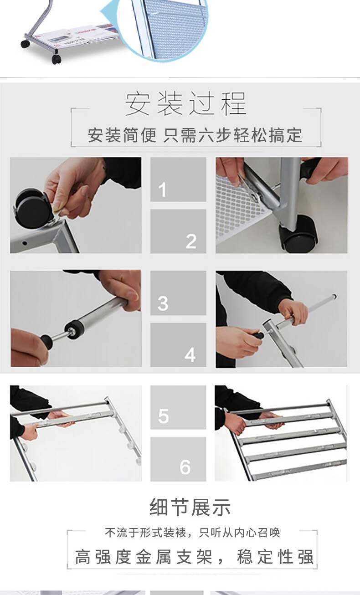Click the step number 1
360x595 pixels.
[162, 190]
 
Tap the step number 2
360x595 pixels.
[191, 241]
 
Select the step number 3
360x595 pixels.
[163, 303]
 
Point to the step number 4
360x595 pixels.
[190, 355]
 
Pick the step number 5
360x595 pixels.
[163, 416]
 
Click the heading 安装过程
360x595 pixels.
[186, 103]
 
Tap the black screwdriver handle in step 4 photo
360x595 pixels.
[258, 335]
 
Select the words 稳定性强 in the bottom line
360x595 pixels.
[275, 556]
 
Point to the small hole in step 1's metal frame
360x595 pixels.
[25, 243]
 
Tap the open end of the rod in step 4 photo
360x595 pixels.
[334, 296]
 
